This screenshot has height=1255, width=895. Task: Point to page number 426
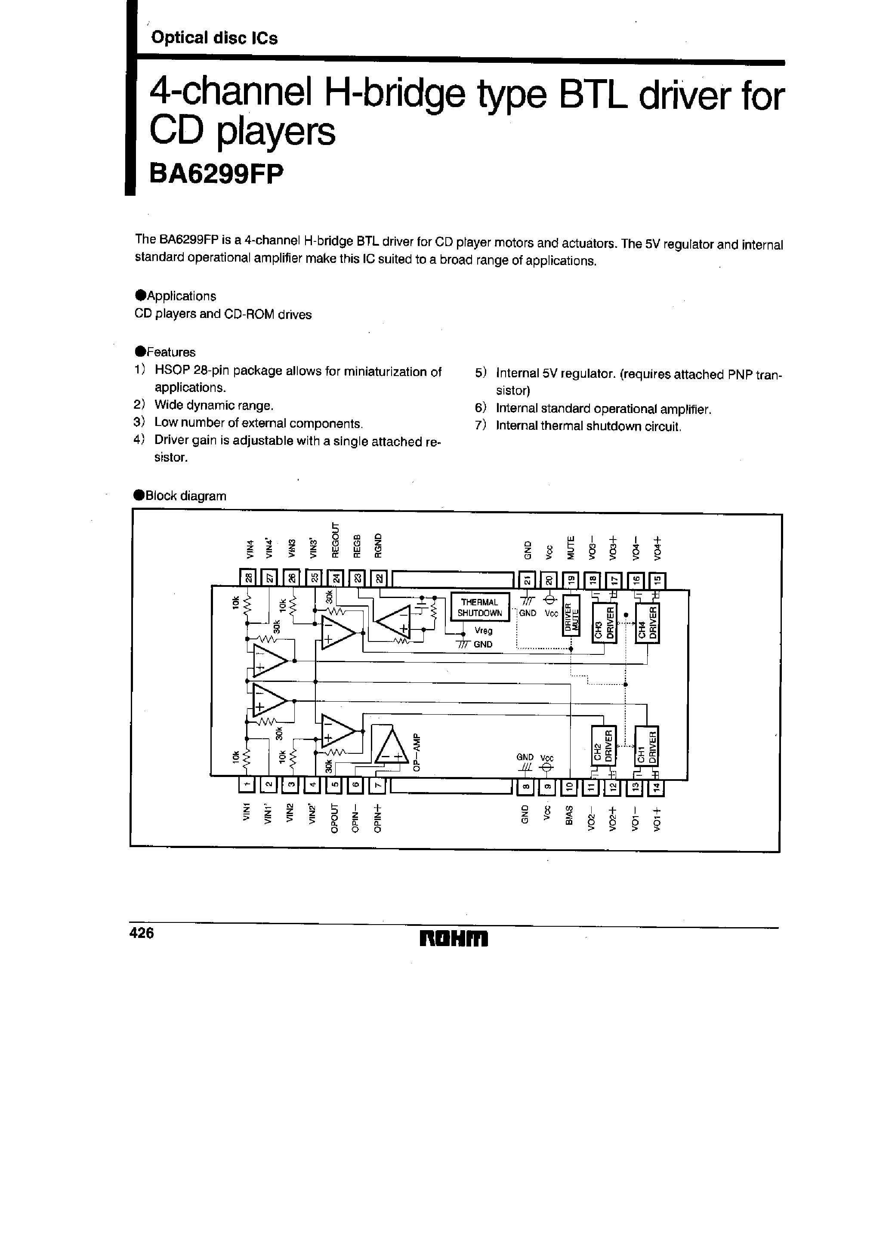pos(142,933)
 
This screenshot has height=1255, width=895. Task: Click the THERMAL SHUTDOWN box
pos(479,607)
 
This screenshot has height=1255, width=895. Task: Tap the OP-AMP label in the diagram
pos(417,752)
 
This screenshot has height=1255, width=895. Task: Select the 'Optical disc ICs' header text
pos(214,38)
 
